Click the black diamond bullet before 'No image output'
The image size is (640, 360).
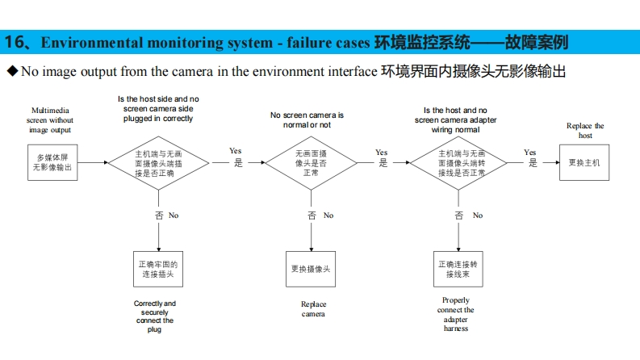[x=11, y=71]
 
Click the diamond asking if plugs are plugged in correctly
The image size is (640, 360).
[x=159, y=163]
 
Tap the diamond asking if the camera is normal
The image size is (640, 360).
[x=312, y=162]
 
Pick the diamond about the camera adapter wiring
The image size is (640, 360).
[x=461, y=162]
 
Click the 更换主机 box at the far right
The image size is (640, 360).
[x=584, y=162]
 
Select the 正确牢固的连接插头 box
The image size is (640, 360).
[x=158, y=270]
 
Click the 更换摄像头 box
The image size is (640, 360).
[x=311, y=270]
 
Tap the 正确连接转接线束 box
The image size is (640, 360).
[x=458, y=270]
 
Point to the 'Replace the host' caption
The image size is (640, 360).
[x=585, y=131]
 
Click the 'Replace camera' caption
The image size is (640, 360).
[x=313, y=309]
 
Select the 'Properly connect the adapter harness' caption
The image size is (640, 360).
[x=456, y=315]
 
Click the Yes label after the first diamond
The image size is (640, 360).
[x=236, y=151]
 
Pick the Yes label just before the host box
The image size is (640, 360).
[x=530, y=153]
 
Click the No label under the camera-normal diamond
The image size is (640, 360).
[x=328, y=216]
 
